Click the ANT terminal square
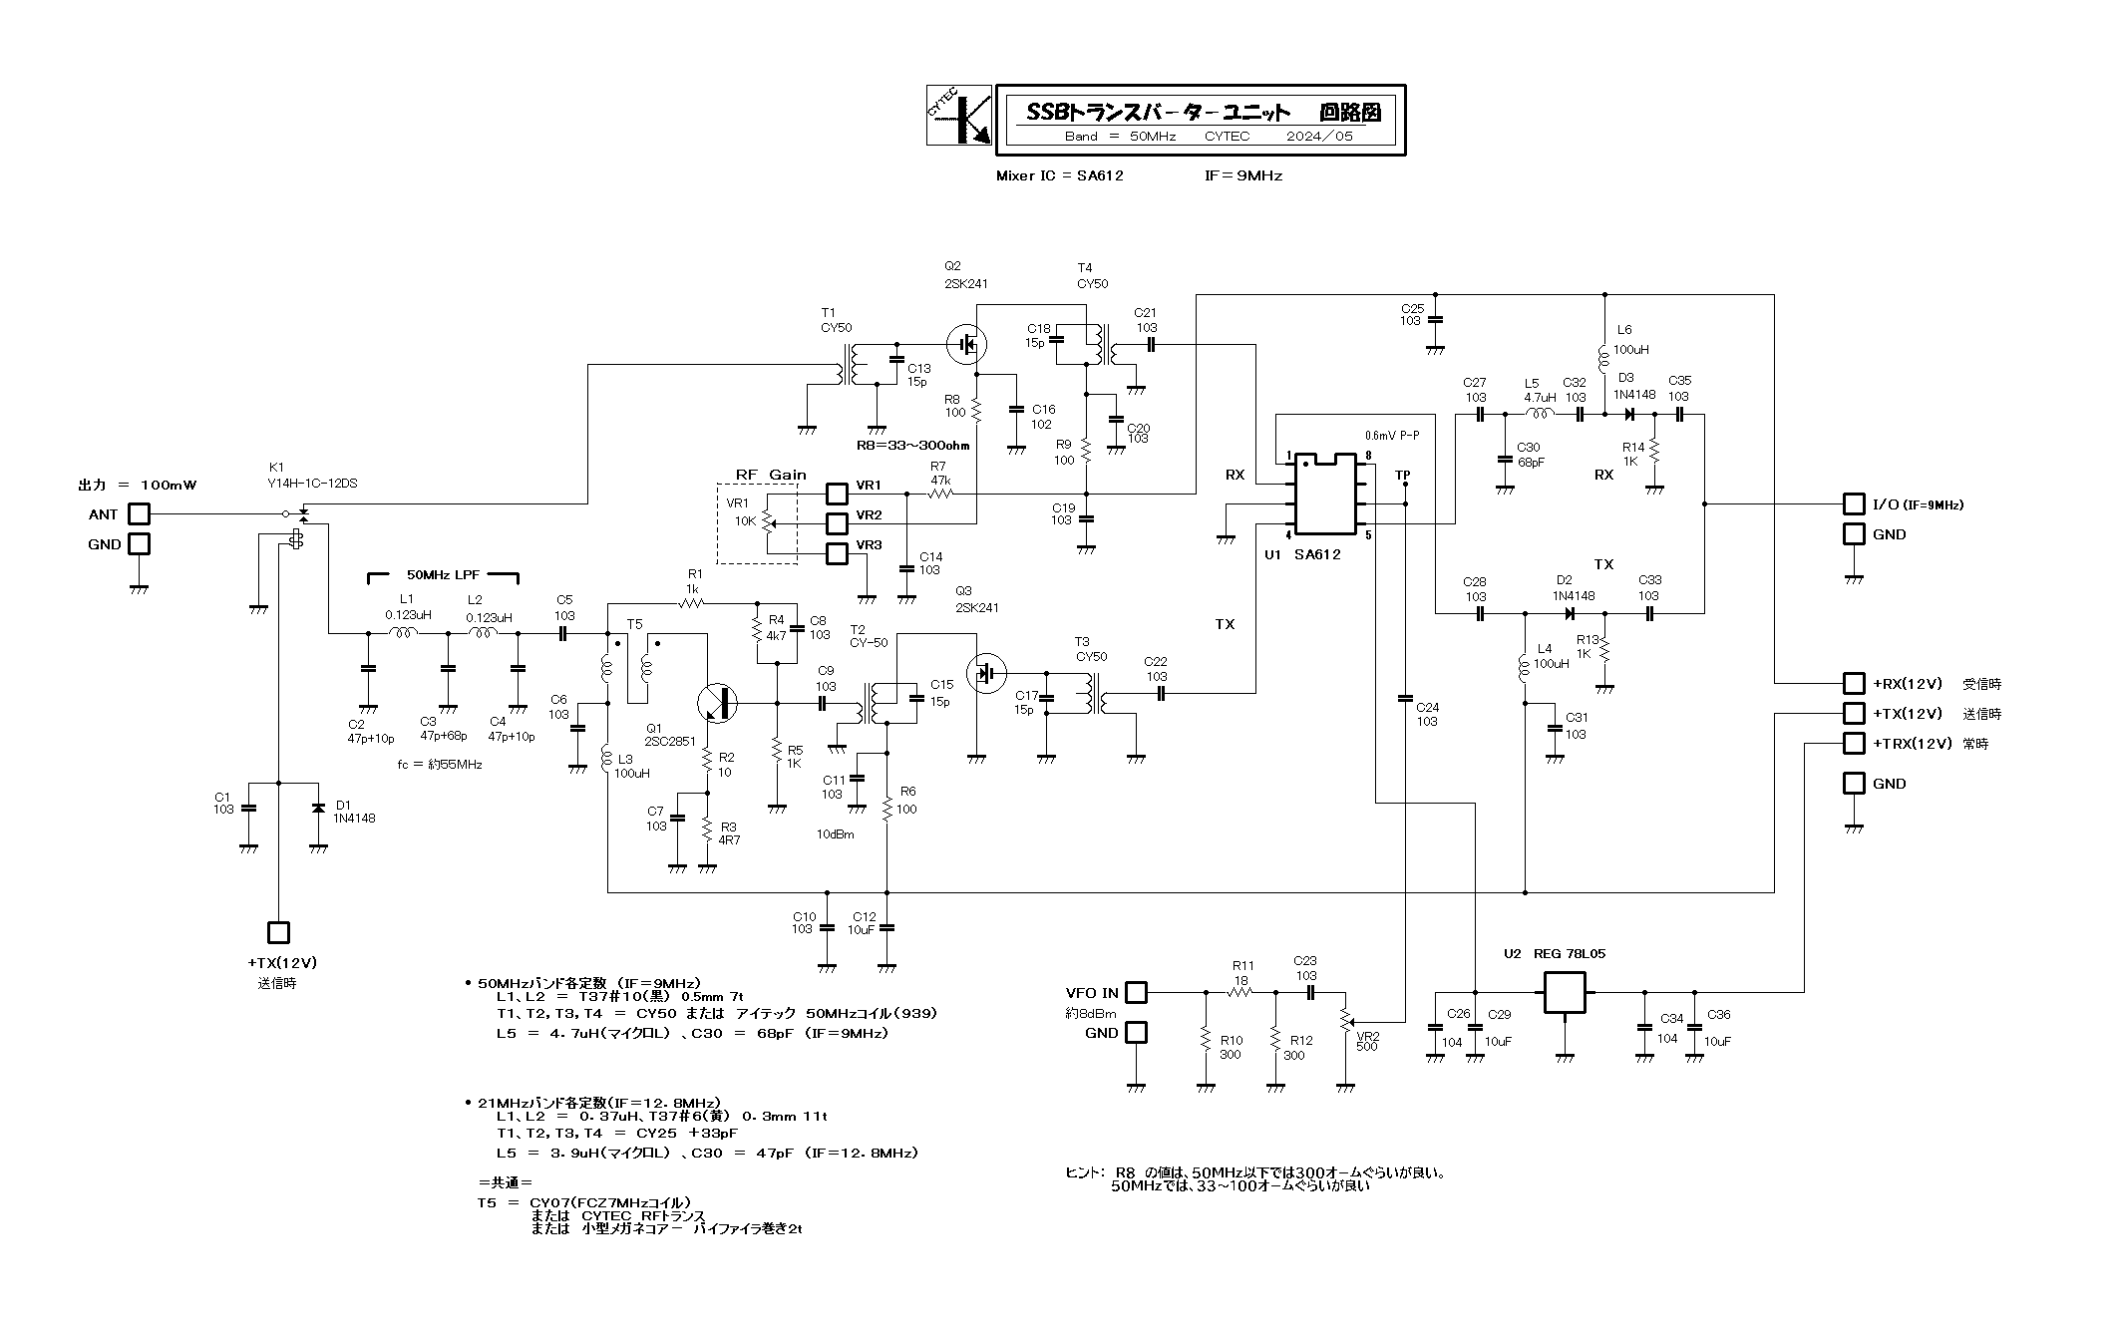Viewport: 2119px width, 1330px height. pyautogui.click(x=139, y=514)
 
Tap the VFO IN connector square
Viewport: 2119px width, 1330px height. pyautogui.click(x=1136, y=993)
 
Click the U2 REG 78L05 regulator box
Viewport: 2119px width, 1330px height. pyautogui.click(x=1564, y=992)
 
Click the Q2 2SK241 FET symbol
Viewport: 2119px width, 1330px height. pyautogui.click(x=967, y=345)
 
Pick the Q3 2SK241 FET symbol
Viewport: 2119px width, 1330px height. pyautogui.click(x=987, y=673)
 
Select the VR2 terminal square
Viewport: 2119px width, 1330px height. pyautogui.click(x=837, y=523)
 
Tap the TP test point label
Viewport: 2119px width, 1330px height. pyautogui.click(x=1403, y=475)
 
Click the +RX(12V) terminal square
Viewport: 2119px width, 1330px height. pyautogui.click(x=1854, y=684)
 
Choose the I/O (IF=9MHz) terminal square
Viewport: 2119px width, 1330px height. pyautogui.click(x=1854, y=504)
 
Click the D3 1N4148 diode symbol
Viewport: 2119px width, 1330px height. pyautogui.click(x=1629, y=414)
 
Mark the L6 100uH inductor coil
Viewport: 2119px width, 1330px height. pyautogui.click(x=1603, y=356)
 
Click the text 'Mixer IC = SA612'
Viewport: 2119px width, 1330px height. pyautogui.click(x=1059, y=175)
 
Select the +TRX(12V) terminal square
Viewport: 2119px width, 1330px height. pyautogui.click(x=1854, y=744)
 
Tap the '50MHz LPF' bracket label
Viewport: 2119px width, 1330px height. pyautogui.click(x=445, y=575)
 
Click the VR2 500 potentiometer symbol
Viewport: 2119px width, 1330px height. pyautogui.click(x=1345, y=1020)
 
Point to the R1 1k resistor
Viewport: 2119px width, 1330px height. pyautogui.click(x=691, y=603)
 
